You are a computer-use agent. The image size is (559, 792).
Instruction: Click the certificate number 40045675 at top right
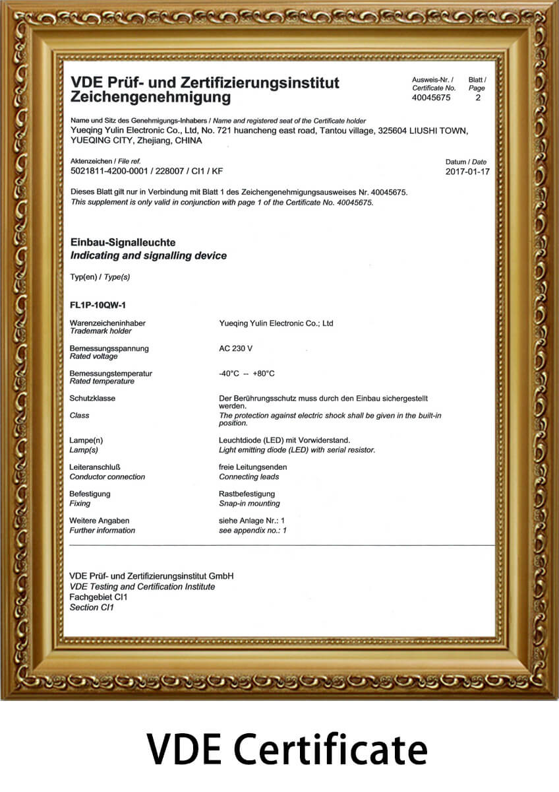(x=431, y=98)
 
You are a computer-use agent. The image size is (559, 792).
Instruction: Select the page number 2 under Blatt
(x=478, y=98)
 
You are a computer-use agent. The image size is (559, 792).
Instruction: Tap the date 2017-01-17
(x=467, y=172)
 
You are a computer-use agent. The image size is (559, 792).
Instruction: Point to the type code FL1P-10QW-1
(x=98, y=305)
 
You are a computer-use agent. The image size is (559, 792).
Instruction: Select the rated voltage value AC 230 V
(x=236, y=348)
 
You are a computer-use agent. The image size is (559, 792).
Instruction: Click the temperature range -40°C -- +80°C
(x=247, y=374)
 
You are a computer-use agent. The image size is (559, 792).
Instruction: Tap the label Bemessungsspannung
(x=109, y=348)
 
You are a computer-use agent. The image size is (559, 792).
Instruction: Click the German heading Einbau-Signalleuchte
(x=123, y=243)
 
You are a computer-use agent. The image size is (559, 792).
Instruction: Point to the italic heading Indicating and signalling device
(x=148, y=255)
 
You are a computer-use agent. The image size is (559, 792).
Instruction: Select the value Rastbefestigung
(x=247, y=494)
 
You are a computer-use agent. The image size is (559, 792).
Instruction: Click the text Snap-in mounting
(x=249, y=504)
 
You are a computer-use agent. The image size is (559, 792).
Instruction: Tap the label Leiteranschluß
(x=95, y=467)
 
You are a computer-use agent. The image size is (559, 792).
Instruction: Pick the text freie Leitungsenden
(x=252, y=467)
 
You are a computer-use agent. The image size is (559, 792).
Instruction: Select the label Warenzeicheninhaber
(x=107, y=323)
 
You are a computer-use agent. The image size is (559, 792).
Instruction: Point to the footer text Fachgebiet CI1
(x=98, y=597)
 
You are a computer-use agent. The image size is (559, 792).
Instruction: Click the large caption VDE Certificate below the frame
(x=287, y=750)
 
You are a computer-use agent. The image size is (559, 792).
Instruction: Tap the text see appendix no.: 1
(x=252, y=530)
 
